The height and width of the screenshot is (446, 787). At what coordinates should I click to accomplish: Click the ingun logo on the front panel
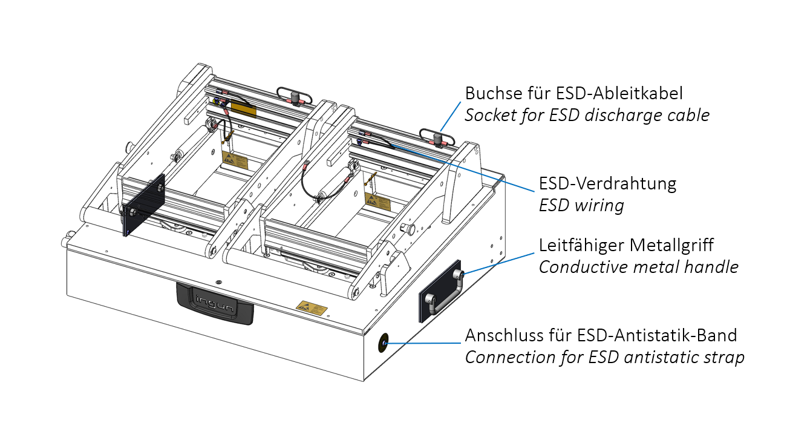pos(215,301)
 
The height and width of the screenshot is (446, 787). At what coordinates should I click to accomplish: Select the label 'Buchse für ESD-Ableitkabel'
pos(573,93)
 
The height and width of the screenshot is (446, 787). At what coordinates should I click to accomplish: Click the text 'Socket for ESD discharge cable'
pos(587,115)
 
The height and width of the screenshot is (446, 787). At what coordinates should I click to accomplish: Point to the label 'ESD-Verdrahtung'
pos(607,183)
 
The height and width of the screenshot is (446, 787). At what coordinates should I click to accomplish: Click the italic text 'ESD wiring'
pos(581,205)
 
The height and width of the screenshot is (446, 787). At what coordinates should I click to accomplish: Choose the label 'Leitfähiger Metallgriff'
pos(626,245)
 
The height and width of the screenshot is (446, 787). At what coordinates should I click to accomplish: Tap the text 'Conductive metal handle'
pos(638,267)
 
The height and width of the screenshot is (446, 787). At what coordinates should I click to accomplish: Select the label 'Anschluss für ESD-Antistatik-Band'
pos(601,335)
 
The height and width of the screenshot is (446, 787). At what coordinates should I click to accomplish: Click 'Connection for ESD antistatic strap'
pos(604,357)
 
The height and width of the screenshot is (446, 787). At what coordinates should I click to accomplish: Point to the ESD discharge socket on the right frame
pos(436,139)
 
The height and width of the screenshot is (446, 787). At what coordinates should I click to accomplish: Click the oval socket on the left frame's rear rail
pos(294,95)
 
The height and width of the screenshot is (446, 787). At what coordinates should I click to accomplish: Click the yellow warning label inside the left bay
pos(235,161)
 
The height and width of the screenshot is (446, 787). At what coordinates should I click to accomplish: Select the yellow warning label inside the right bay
pos(377,200)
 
